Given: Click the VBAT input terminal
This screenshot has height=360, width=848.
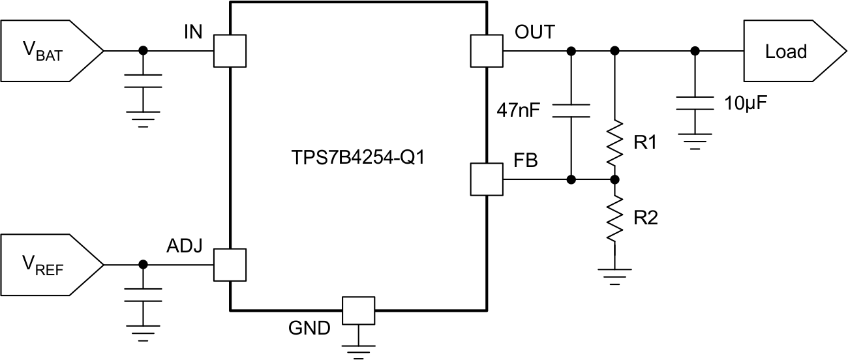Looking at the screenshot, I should [49, 50].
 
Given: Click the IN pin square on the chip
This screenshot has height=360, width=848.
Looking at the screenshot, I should [230, 50].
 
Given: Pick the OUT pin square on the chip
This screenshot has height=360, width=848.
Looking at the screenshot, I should [486, 50].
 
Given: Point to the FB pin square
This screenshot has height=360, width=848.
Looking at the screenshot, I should [486, 179].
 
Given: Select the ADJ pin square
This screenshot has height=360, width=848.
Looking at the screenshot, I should [230, 264].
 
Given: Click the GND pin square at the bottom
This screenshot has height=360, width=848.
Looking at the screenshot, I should [359, 311].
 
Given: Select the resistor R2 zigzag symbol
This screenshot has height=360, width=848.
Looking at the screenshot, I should [614, 219].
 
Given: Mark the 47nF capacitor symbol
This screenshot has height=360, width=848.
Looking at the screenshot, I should [571, 110].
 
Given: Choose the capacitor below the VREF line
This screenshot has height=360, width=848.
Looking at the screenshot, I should [144, 295].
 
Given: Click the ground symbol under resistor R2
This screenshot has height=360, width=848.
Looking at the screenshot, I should [614, 272].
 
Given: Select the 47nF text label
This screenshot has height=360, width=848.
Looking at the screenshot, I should [519, 109].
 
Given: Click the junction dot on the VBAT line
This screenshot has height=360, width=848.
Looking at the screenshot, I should [144, 50].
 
